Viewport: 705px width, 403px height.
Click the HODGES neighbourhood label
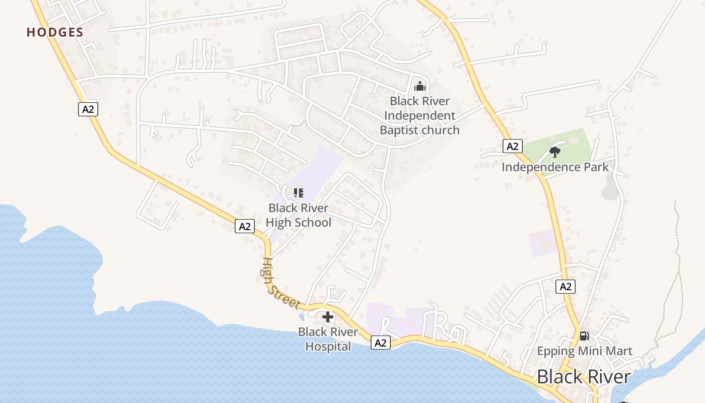[55, 32]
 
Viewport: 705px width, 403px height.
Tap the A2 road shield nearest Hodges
[88, 109]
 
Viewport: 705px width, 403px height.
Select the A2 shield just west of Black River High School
[245, 227]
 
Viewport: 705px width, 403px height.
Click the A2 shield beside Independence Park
[512, 147]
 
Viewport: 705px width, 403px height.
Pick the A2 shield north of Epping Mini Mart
[566, 287]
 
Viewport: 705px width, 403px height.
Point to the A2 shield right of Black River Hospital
[381, 343]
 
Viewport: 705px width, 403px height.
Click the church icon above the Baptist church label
[420, 86]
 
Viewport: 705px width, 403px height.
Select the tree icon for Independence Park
[555, 152]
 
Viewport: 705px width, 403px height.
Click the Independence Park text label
[555, 167]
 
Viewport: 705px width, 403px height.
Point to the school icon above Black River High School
[299, 192]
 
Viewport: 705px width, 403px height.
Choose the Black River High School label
[299, 215]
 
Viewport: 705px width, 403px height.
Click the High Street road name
[280, 284]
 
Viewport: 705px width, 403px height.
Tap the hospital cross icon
[328, 317]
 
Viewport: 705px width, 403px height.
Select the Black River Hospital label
[328, 339]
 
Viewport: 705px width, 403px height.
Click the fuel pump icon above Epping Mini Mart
[584, 335]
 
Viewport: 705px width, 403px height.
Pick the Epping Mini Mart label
[584, 351]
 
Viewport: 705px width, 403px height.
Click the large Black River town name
[584, 377]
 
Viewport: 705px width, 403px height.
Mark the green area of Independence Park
[574, 141]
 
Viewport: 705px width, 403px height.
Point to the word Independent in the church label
[419, 115]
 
